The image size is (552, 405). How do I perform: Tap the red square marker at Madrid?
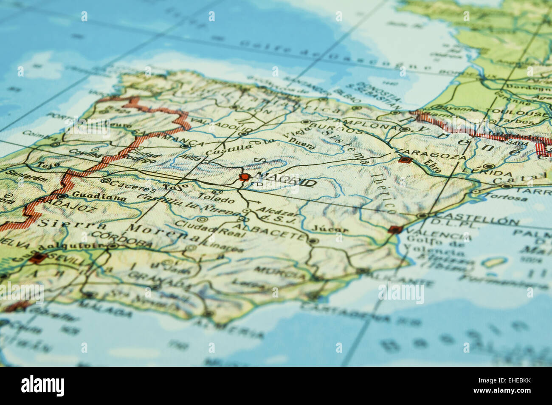pos(244,177)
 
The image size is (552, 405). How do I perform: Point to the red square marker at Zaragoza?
pos(404,160)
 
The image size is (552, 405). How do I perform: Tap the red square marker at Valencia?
pos(395,229)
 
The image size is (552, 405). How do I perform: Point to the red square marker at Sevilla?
pos(39,258)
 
